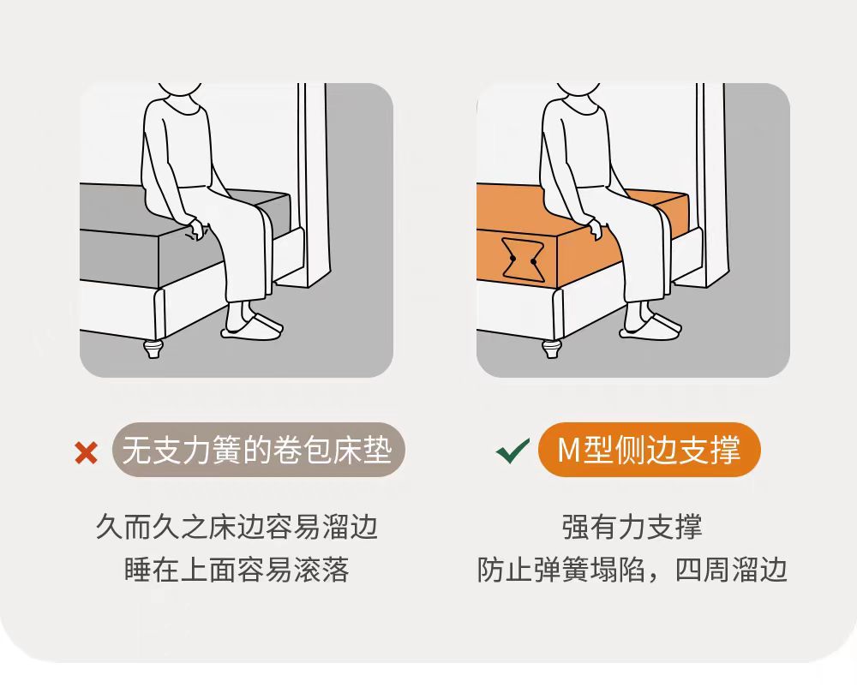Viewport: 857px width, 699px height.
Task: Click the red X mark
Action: click(x=87, y=453)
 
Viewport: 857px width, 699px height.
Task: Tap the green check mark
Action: click(x=512, y=451)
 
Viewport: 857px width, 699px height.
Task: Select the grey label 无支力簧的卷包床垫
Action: click(x=259, y=450)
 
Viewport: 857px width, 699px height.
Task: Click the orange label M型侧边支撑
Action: click(x=649, y=450)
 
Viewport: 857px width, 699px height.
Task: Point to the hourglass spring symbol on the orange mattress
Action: click(x=523, y=260)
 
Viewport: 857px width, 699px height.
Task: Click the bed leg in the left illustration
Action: click(x=153, y=348)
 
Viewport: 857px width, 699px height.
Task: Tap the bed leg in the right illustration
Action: click(x=551, y=348)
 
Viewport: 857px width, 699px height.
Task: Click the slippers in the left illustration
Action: click(x=252, y=326)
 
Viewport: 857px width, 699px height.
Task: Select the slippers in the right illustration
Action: click(x=650, y=326)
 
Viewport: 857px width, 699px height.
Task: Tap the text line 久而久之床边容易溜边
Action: click(x=237, y=527)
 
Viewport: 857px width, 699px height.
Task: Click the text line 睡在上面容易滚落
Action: click(x=237, y=570)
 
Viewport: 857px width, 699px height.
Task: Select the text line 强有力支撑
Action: click(x=632, y=527)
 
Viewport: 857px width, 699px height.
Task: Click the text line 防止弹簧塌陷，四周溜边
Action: click(x=632, y=570)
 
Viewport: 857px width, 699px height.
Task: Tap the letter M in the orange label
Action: click(x=568, y=451)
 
